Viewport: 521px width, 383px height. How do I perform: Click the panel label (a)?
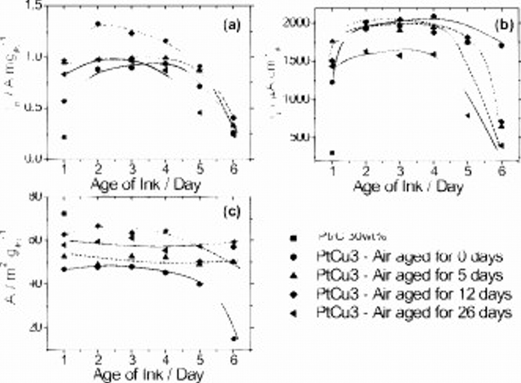pos(232,25)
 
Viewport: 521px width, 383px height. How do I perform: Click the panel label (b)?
pos(504,25)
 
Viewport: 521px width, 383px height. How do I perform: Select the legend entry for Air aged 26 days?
pos(414,313)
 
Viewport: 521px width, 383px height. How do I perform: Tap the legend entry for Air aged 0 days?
pos(410,256)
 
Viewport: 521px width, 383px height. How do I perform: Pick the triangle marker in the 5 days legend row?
pos(293,275)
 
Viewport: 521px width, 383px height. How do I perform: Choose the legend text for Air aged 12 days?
pos(414,294)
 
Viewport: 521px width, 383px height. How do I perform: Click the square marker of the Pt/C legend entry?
pos(293,238)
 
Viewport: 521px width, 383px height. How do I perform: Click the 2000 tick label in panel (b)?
pos(296,23)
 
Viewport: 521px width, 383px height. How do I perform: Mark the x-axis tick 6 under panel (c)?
pos(234,360)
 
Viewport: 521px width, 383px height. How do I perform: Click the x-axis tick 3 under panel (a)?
pos(132,169)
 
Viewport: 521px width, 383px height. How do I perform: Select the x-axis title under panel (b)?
pos(408,187)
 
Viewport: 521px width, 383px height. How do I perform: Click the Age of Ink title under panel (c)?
pos(148,375)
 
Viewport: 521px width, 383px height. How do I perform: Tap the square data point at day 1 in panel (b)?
pos(332,153)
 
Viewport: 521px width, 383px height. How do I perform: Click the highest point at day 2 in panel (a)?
pos(98,24)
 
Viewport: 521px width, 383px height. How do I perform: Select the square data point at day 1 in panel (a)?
pos(65,137)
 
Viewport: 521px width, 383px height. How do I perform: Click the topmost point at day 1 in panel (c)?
pos(65,214)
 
